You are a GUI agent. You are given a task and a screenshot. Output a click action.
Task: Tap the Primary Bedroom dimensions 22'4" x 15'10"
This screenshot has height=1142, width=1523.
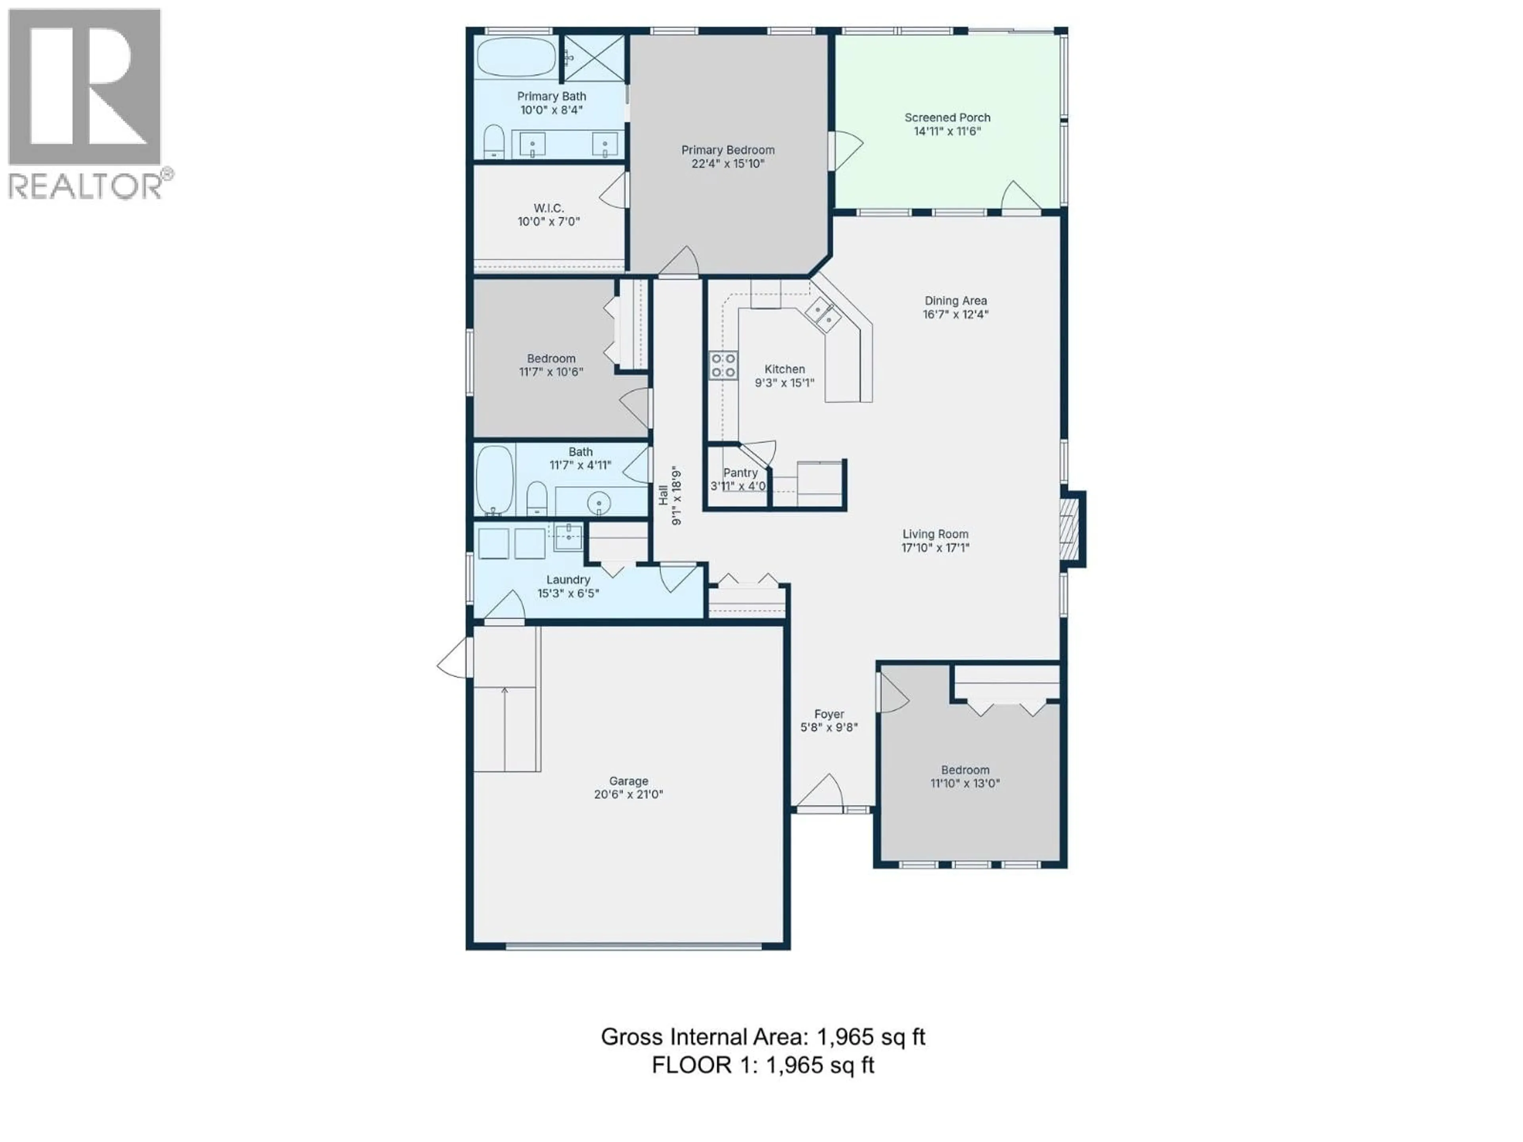[x=728, y=164]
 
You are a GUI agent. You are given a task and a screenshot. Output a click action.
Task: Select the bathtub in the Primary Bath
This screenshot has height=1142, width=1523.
[x=516, y=57]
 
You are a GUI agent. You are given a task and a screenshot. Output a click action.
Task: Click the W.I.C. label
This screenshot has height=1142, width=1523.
[x=549, y=208]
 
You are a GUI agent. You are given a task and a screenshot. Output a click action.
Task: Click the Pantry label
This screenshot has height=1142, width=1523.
[x=740, y=473]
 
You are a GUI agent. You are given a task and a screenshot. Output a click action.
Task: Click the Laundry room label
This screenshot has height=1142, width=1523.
[x=568, y=580]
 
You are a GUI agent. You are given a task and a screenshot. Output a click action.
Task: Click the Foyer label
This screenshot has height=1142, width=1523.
[x=829, y=715]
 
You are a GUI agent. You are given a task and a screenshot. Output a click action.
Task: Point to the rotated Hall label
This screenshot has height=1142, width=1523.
[x=662, y=496]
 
